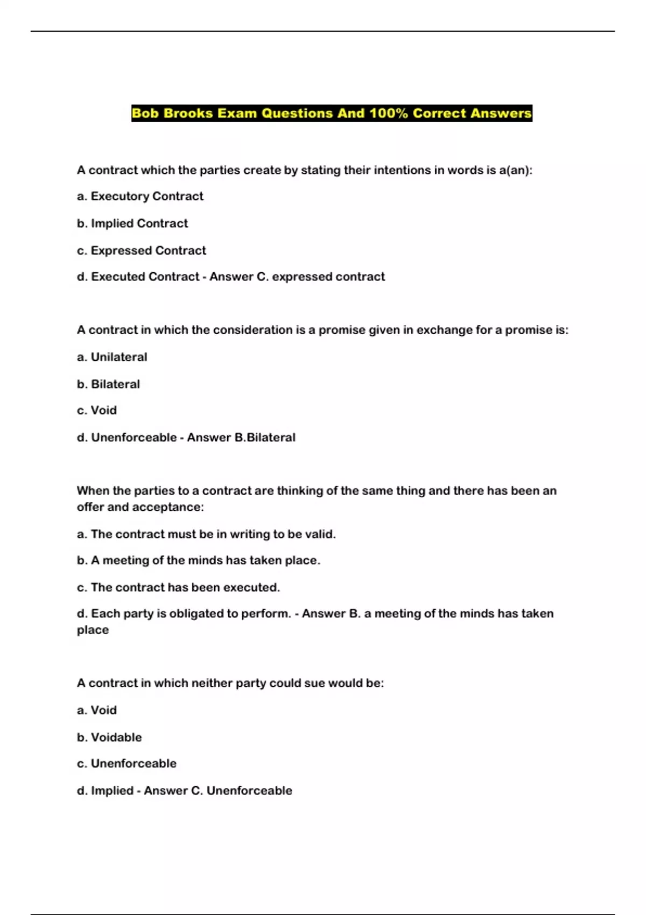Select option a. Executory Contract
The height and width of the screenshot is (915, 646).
point(140,196)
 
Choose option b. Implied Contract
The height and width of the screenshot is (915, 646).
point(132,223)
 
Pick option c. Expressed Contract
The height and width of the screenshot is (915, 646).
point(142,250)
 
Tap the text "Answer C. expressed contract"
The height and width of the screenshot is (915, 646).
point(297,277)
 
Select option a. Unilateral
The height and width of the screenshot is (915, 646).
point(112,357)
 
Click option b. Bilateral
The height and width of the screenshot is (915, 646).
point(108,384)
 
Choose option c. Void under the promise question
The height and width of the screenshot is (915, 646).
point(97,410)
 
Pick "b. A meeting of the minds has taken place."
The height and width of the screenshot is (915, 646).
point(199,560)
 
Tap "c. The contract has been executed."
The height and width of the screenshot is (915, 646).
point(178,587)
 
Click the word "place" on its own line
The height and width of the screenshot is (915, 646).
point(93,630)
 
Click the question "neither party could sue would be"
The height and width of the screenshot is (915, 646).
point(269,683)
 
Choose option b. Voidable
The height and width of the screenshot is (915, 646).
point(109,737)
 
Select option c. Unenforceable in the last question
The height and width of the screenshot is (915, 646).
point(127,763)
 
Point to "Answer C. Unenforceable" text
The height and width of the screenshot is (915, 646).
point(218,790)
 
